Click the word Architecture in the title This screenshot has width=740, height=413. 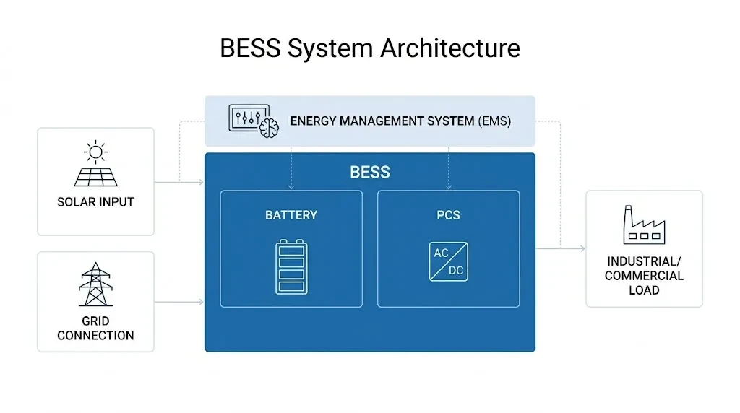449,48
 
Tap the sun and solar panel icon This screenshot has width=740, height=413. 95,165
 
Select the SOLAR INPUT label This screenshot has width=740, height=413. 95,202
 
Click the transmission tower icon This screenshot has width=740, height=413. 95,284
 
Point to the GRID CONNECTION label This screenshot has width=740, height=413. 95,328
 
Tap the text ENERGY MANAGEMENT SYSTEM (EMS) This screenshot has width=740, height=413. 400,121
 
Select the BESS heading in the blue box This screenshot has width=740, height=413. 369,173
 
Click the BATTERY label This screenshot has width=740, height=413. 291,215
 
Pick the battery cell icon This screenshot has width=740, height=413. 291,266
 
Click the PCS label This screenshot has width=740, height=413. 448,215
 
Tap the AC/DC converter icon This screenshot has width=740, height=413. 448,261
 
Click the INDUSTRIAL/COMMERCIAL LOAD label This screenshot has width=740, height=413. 643,275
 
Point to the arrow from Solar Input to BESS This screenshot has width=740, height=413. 180,182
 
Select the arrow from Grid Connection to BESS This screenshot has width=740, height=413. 180,301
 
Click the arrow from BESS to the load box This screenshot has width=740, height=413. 561,249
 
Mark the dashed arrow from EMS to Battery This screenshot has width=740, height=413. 291,170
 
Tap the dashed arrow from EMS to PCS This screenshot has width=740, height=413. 448,170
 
